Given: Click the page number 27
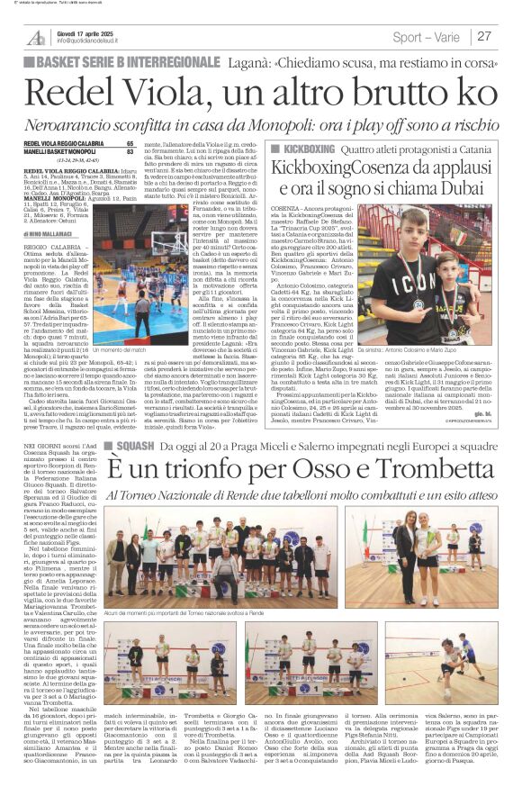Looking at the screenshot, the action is click(x=483, y=36).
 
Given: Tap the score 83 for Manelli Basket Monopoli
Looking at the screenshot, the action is click(x=130, y=151).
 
